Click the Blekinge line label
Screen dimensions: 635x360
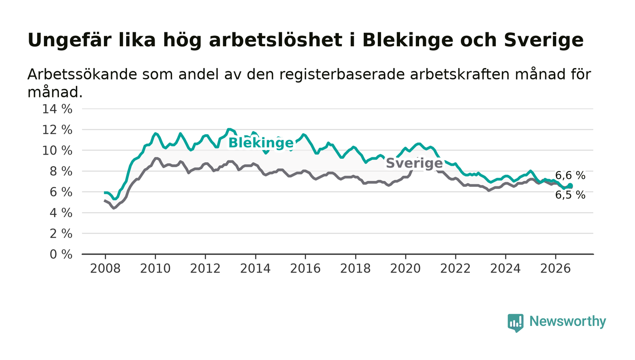tap(261, 143)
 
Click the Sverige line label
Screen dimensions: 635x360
tap(414, 163)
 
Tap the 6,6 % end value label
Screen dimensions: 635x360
tap(570, 175)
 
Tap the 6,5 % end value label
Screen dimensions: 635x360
tap(570, 195)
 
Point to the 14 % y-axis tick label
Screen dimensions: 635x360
tap(57, 109)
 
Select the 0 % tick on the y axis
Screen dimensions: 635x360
tap(61, 254)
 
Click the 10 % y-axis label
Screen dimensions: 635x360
tap(57, 151)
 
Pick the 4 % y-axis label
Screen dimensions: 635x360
tap(61, 213)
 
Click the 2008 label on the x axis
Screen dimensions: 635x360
tap(105, 269)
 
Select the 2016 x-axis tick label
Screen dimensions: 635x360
tap(305, 269)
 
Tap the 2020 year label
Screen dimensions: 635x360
tap(405, 269)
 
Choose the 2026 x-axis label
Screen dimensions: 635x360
tap(555, 269)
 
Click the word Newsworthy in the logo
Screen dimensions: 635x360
tap(568, 321)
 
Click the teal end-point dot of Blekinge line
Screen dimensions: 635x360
tap(570, 186)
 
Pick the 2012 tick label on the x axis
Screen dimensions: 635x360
tap(205, 269)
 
